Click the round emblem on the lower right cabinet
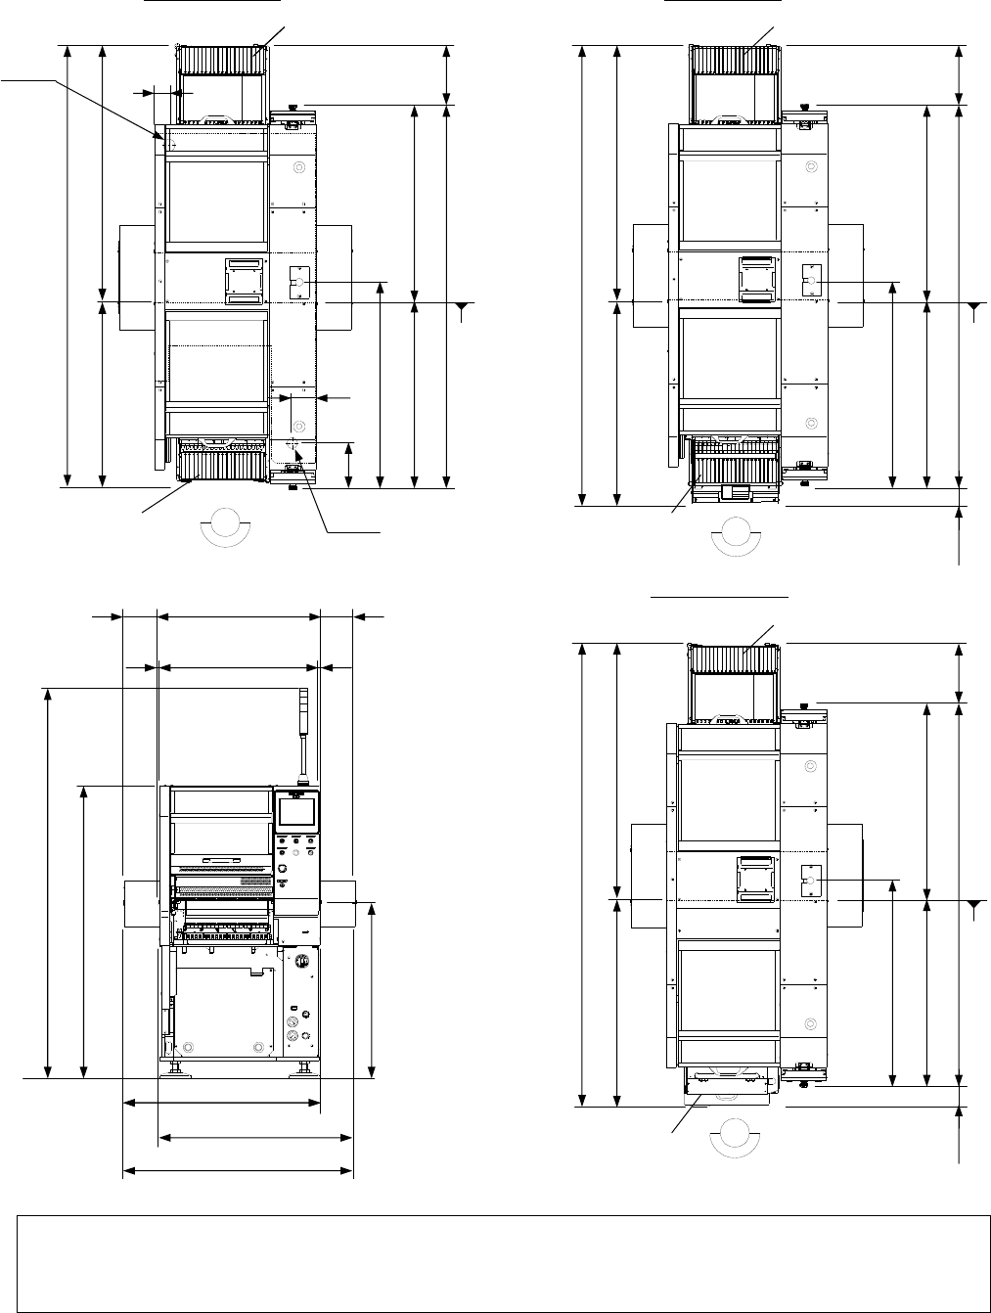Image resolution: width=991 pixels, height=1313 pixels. click(302, 962)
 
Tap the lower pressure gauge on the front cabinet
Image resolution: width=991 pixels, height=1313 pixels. click(292, 1034)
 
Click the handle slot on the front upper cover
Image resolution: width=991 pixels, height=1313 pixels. click(222, 861)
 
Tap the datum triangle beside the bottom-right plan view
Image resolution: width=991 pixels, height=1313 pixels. click(973, 908)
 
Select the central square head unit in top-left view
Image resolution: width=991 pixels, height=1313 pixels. click(245, 282)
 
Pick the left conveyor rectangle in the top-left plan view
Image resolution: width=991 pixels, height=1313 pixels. click(136, 277)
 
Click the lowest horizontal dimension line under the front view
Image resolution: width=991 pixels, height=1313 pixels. click(238, 1170)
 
